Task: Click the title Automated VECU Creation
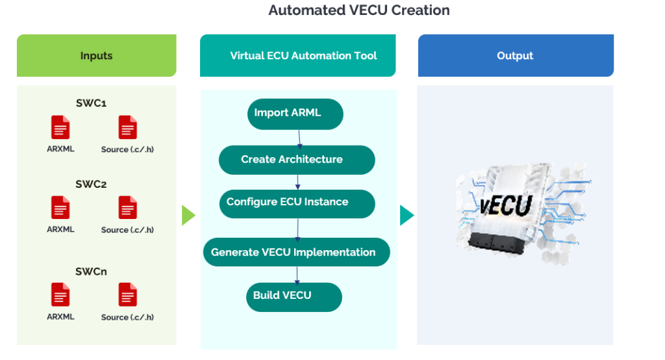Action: click(x=359, y=10)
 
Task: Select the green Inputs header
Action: click(x=96, y=56)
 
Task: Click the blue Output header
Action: click(x=515, y=56)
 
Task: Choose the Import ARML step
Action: click(x=295, y=114)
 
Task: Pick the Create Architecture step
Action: click(x=297, y=160)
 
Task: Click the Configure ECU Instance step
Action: click(x=297, y=203)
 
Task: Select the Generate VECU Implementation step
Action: click(x=296, y=252)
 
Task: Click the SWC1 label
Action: click(x=91, y=103)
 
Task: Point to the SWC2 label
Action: click(x=91, y=184)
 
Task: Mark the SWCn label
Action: click(x=91, y=272)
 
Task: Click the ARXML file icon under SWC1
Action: click(x=60, y=127)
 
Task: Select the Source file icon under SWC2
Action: click(x=128, y=208)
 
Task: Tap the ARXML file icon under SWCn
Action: click(x=60, y=295)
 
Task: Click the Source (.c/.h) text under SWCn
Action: click(x=127, y=317)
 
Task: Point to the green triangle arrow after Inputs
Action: click(x=188, y=215)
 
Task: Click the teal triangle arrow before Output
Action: click(x=407, y=215)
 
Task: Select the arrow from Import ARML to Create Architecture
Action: click(x=299, y=137)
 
